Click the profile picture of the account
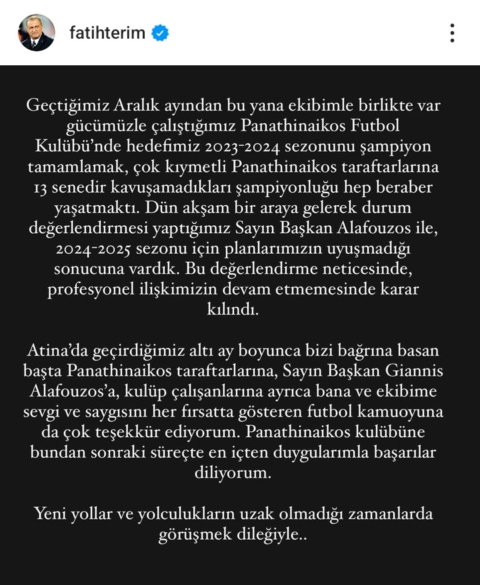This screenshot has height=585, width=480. click(x=36, y=33)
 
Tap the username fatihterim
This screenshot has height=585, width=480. click(x=107, y=33)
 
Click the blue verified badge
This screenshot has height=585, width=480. click(x=160, y=33)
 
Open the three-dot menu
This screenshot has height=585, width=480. click(x=452, y=33)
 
